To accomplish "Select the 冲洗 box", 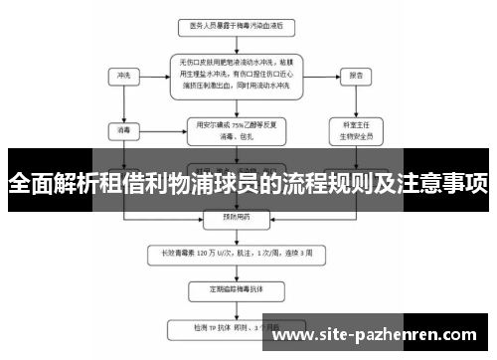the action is (123, 75).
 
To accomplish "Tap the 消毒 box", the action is (123, 128).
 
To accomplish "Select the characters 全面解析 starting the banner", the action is (50, 184).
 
